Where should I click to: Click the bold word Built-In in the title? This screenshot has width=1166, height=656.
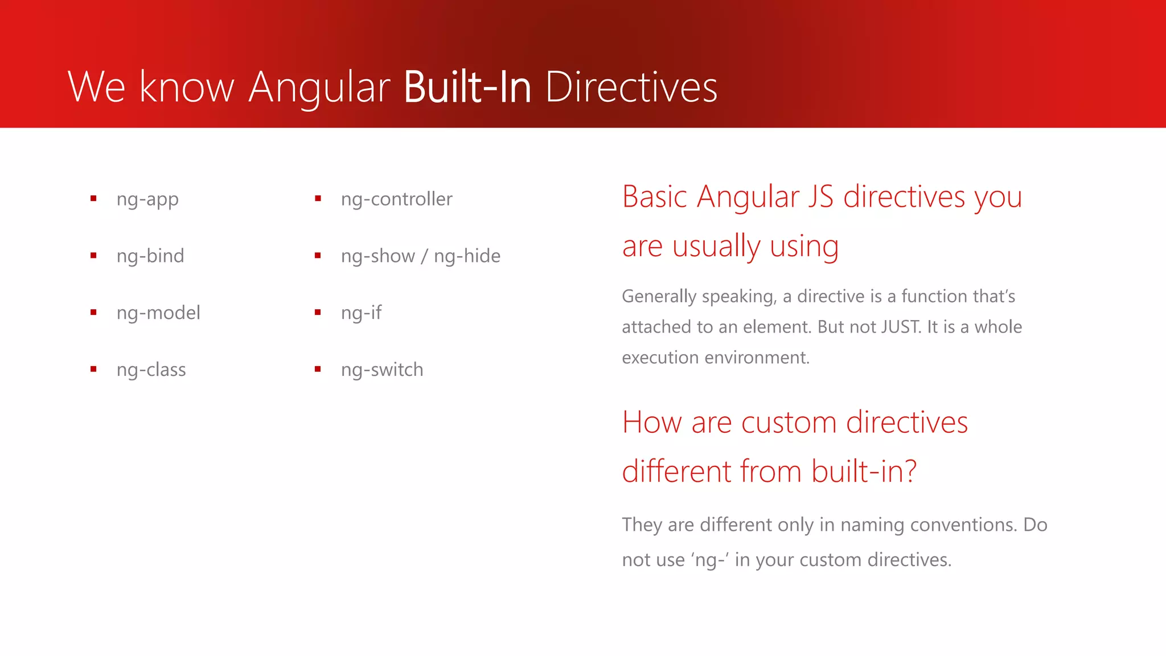(x=467, y=87)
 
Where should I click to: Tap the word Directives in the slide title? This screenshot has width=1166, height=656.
(x=631, y=87)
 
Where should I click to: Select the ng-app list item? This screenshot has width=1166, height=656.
(x=147, y=199)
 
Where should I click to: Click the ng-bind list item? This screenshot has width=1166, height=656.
(x=150, y=256)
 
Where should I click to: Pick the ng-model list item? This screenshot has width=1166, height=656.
(x=158, y=313)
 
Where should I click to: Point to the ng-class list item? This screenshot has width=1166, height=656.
(x=151, y=370)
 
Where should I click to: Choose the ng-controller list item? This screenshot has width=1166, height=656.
(x=396, y=199)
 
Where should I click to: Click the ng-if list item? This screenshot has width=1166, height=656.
(x=361, y=313)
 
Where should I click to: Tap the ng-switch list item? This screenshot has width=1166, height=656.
(x=382, y=370)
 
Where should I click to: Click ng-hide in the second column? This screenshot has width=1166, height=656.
(x=467, y=256)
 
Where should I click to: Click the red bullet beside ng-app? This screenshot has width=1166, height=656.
(x=93, y=199)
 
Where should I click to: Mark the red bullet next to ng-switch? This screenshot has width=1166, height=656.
(x=318, y=370)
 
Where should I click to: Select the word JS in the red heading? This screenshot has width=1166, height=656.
(x=820, y=197)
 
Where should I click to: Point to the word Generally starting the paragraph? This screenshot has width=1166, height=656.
(x=659, y=297)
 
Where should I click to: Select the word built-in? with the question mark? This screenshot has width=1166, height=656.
(x=864, y=471)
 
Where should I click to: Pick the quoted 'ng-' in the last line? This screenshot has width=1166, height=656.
(x=710, y=560)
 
